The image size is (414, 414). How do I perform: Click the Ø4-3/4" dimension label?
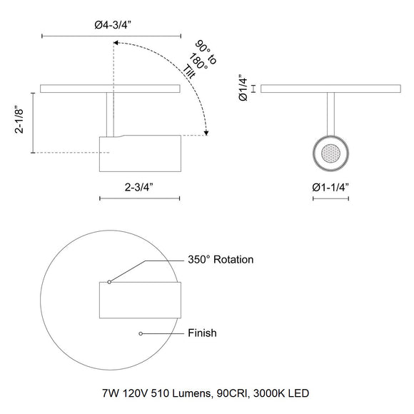click(113, 26)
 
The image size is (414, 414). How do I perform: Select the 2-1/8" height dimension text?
click(19, 120)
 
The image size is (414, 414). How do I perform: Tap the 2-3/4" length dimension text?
click(139, 188)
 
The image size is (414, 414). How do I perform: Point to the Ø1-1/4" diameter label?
click(330, 188)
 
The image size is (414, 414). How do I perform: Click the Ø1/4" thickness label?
click(243, 89)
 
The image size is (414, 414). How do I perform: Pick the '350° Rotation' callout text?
click(221, 260)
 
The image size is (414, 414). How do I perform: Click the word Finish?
click(202, 333)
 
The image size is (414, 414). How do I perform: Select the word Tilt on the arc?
click(190, 72)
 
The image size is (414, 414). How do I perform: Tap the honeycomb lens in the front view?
click(330, 153)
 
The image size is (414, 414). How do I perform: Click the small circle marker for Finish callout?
click(141, 334)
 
